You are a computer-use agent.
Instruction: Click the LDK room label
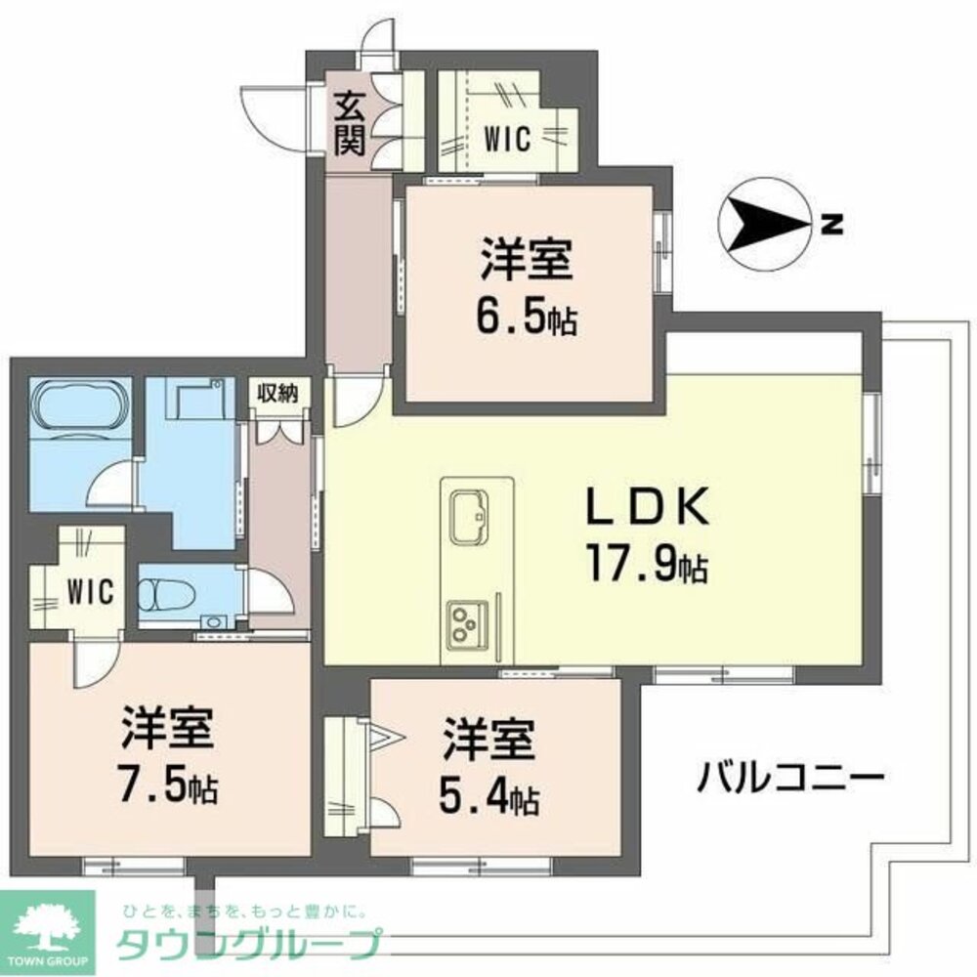pos(645,508)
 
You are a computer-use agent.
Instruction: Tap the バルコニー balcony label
pos(791,779)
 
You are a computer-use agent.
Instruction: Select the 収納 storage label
pos(276,393)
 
